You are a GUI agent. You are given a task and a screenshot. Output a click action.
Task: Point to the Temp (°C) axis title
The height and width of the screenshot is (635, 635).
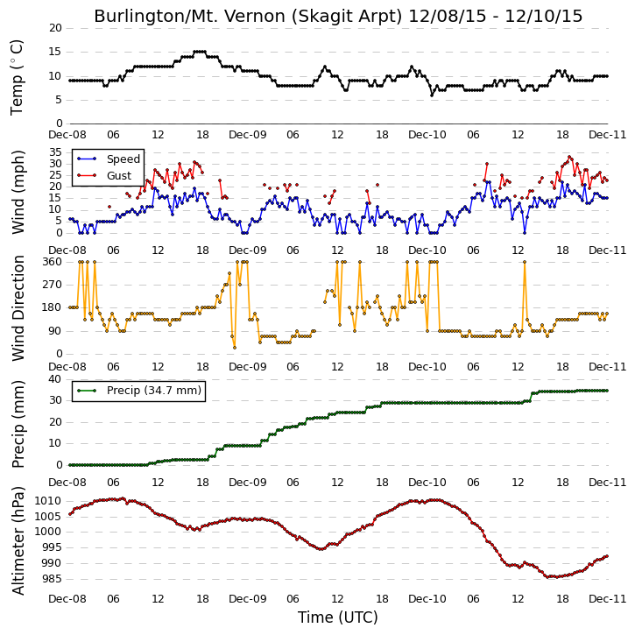(x=17, y=77)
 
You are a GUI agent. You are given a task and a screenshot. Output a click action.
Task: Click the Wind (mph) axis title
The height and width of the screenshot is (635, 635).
(x=18, y=192)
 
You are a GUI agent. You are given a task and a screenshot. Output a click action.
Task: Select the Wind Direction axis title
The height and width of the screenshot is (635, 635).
(x=18, y=307)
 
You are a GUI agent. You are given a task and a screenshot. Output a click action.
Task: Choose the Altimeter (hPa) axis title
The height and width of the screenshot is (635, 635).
(x=18, y=540)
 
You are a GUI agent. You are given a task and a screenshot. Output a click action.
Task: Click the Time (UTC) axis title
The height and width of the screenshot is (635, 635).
(x=338, y=617)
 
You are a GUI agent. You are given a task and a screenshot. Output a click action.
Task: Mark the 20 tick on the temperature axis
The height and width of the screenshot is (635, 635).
(x=55, y=28)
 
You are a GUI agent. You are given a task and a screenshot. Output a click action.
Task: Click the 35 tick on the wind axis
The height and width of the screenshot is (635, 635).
(x=55, y=152)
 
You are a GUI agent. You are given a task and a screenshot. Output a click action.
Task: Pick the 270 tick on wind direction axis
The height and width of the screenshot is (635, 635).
(x=53, y=285)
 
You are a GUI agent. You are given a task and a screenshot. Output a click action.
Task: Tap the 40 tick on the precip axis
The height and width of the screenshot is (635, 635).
(x=55, y=379)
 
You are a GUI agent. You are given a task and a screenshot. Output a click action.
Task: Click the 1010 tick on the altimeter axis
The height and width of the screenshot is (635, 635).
(x=48, y=501)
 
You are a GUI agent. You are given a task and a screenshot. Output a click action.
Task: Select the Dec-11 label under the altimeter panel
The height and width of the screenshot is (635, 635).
(x=607, y=598)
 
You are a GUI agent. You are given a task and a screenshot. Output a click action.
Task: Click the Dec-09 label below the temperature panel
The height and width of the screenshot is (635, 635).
(x=248, y=135)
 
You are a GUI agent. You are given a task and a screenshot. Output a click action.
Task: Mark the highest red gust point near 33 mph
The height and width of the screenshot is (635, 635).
(x=569, y=157)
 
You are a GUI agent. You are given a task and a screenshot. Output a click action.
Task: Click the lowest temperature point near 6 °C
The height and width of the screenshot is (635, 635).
(x=432, y=95)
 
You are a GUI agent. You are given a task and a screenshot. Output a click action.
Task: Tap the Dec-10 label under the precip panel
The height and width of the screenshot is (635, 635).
(x=427, y=483)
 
